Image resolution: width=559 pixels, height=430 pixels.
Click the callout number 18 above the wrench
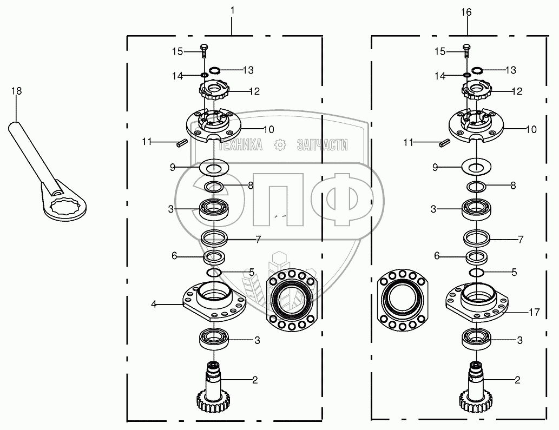[x=16, y=91]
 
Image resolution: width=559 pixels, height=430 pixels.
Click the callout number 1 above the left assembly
[x=233, y=11]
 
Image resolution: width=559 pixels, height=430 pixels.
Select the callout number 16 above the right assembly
[x=466, y=12]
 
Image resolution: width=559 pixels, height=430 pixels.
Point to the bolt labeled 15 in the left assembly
[x=203, y=51]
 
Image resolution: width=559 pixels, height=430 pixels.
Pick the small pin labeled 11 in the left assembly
[x=181, y=143]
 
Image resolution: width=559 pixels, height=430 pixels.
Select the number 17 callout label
[x=534, y=313]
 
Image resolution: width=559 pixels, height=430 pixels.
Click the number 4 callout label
[x=154, y=304]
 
